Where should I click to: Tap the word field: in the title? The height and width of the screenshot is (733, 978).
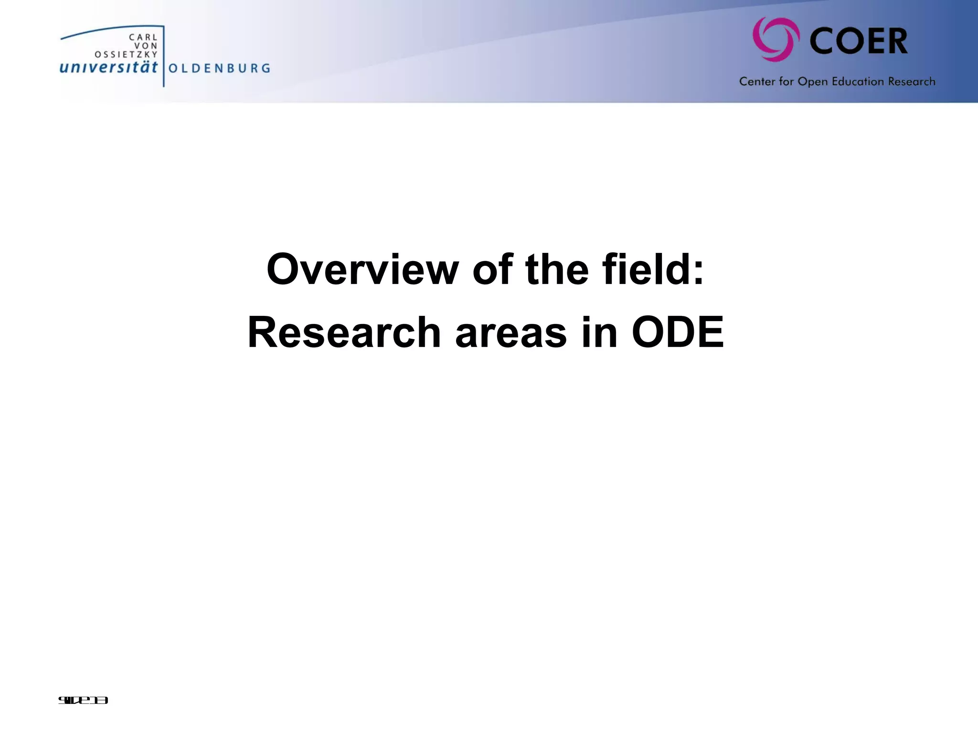653,270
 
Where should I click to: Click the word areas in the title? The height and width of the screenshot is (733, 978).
511,333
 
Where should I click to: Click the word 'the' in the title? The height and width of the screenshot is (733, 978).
557,270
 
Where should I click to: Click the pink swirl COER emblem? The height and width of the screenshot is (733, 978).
776,40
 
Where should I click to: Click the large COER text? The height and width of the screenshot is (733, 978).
859,42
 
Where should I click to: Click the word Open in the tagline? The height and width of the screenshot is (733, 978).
813,82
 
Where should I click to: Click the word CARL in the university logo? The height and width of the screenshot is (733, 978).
143,37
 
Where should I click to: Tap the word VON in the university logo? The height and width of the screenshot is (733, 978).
146,46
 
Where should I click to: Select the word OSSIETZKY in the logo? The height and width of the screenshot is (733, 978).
126,54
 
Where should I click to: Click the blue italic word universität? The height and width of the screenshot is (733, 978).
108,67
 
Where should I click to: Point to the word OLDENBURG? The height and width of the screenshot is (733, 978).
219,68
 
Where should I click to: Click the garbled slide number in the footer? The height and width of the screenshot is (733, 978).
83,701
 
